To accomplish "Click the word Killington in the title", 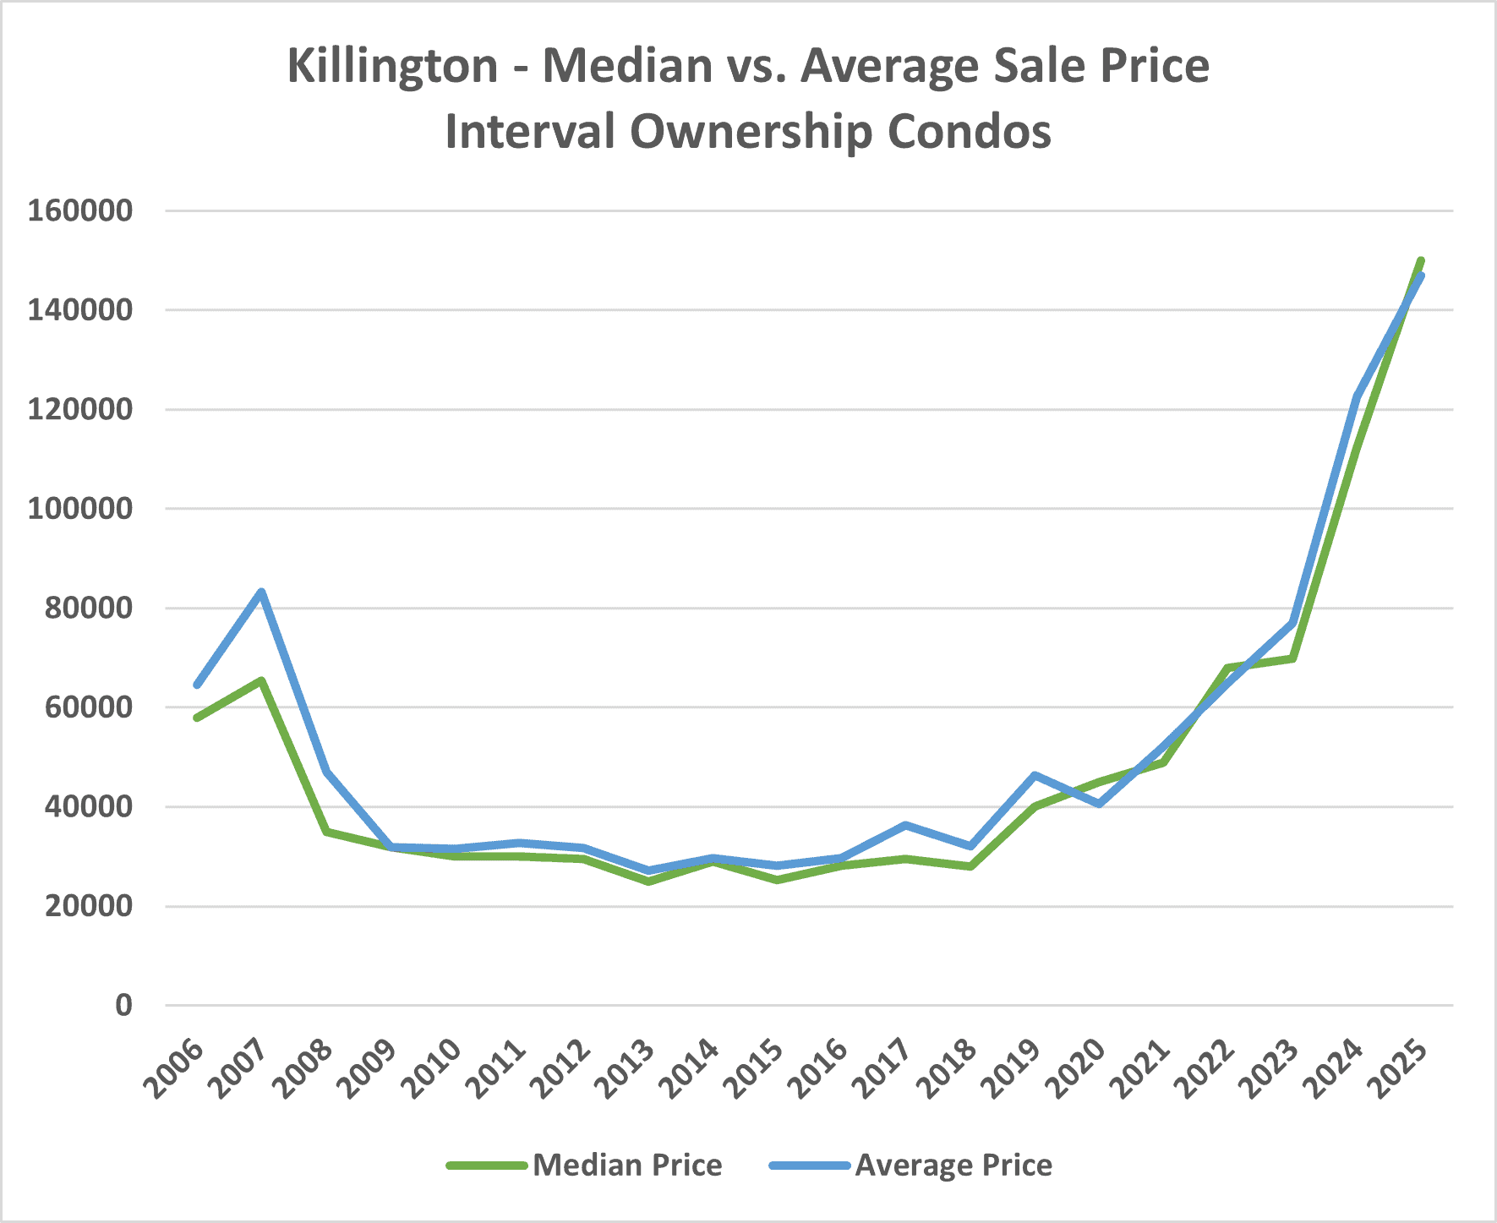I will click(392, 66).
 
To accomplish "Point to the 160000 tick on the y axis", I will click(80, 210).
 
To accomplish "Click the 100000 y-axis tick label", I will click(80, 509).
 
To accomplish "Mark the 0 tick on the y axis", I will click(124, 1005).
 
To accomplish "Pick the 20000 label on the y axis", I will click(80, 906).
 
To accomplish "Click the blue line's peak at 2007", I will click(262, 592).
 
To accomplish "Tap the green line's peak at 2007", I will click(262, 680).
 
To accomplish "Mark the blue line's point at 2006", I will click(197, 685).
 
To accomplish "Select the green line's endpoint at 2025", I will click(1421, 260).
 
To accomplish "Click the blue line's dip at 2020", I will click(1099, 804).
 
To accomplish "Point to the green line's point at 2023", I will click(1292, 658).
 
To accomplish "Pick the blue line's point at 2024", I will click(1357, 397).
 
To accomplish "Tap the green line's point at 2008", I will click(326, 832).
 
